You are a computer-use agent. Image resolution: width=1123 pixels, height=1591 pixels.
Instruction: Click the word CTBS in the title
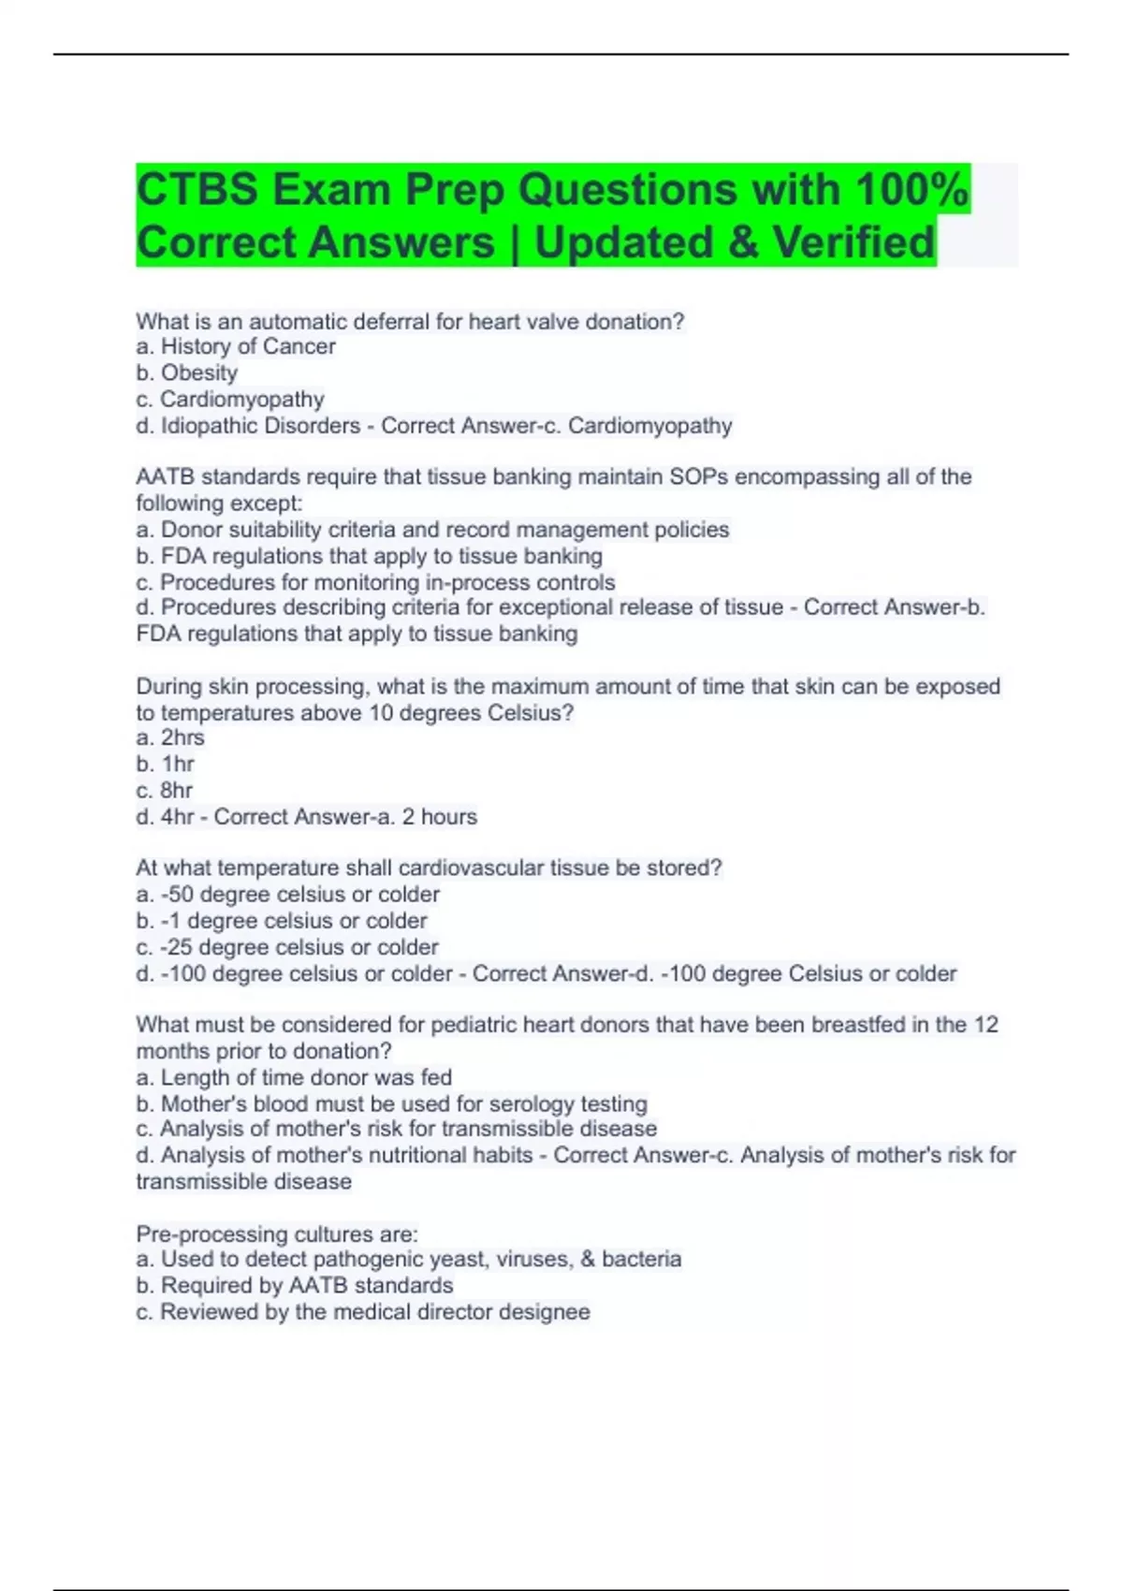pyautogui.click(x=197, y=190)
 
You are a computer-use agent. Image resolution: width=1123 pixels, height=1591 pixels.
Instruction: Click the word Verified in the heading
pyautogui.click(x=853, y=242)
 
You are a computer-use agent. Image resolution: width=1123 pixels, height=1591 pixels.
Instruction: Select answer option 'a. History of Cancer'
pyautogui.click(x=236, y=346)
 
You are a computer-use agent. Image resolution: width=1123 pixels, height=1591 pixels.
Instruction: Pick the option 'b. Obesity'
pyautogui.click(x=187, y=372)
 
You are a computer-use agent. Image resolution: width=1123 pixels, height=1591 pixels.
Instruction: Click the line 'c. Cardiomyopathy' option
pyautogui.click(x=230, y=399)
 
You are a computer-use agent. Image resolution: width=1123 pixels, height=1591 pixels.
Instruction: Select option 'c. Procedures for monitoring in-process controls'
pyautogui.click(x=375, y=582)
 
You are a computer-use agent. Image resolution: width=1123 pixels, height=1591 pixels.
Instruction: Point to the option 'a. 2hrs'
pyautogui.click(x=170, y=737)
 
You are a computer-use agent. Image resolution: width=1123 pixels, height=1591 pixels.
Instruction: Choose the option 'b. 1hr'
pyautogui.click(x=166, y=764)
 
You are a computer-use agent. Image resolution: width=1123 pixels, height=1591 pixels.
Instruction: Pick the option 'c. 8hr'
pyautogui.click(x=165, y=790)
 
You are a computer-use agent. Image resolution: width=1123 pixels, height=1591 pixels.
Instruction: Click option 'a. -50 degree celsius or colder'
pyautogui.click(x=287, y=894)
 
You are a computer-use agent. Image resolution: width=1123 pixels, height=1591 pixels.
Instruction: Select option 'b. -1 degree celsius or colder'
pyautogui.click(x=282, y=920)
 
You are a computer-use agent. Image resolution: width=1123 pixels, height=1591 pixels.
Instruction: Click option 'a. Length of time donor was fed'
pyautogui.click(x=294, y=1077)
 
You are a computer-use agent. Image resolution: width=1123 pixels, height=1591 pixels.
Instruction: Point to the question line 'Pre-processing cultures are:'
pyautogui.click(x=277, y=1233)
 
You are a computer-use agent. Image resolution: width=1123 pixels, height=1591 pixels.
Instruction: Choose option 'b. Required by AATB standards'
pyautogui.click(x=295, y=1285)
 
